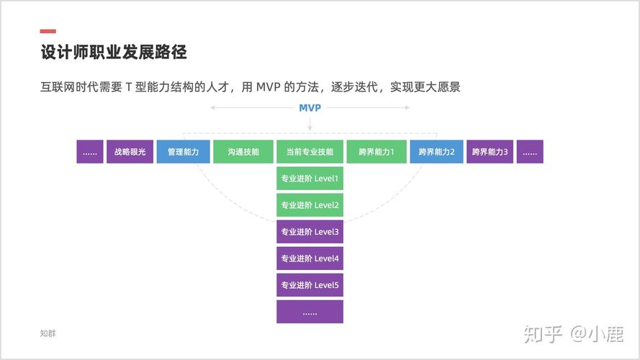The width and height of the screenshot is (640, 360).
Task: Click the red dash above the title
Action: tap(48, 31)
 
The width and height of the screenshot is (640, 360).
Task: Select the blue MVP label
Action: tap(310, 108)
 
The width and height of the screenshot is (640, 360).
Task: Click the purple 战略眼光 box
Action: tap(130, 152)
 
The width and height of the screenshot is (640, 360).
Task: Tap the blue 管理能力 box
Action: tap(183, 152)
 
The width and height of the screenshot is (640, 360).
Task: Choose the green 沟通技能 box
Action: tap(243, 152)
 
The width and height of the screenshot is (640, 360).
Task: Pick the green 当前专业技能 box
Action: tap(310, 152)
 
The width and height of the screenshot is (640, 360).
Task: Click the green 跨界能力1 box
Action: tap(377, 152)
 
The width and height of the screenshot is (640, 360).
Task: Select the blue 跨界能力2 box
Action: tap(436, 152)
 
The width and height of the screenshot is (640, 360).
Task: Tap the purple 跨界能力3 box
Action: tap(490, 152)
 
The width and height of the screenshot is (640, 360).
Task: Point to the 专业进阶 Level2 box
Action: tap(310, 205)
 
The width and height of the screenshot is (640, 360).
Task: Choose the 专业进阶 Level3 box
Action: tap(310, 232)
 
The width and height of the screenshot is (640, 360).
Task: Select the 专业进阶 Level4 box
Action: tap(310, 258)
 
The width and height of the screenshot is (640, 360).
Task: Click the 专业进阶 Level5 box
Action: tap(310, 285)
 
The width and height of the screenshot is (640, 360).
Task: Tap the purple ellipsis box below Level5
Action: tap(310, 312)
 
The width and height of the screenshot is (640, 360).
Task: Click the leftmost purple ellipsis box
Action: tap(90, 152)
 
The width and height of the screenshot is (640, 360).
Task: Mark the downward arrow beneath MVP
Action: tap(310, 125)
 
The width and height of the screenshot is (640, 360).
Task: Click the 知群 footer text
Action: tap(48, 333)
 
